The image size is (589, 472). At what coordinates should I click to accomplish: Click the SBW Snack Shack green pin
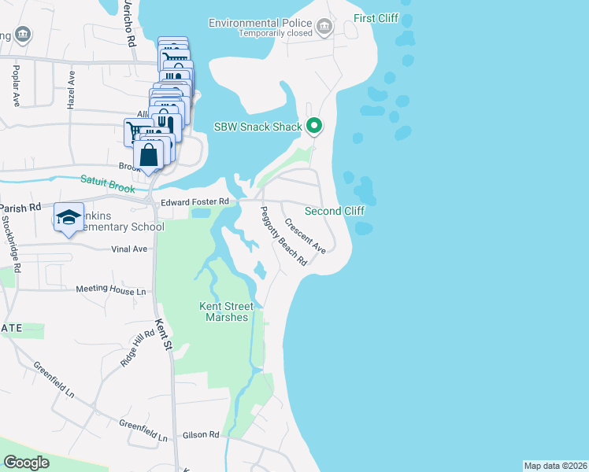[x=314, y=126]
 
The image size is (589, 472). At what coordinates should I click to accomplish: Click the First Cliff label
[x=376, y=18]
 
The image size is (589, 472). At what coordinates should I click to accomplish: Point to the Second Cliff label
[x=334, y=211]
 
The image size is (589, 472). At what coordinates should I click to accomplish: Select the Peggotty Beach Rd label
[x=283, y=235]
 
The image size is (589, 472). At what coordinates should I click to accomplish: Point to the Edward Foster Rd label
[x=195, y=202]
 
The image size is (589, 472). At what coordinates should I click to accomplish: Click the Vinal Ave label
[x=129, y=249]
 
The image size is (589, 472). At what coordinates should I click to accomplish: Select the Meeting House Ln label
[x=111, y=289]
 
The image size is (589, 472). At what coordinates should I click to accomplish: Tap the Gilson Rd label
[x=203, y=434]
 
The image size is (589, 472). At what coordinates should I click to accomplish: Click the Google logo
[x=26, y=463]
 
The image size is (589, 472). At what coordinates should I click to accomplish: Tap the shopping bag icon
[x=149, y=154]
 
